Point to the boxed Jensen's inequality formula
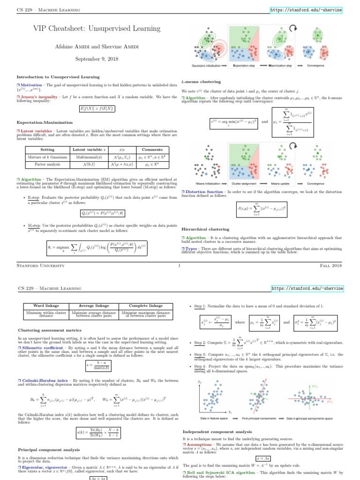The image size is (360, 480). tap(97, 109)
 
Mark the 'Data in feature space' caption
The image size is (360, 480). tap(214, 417)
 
